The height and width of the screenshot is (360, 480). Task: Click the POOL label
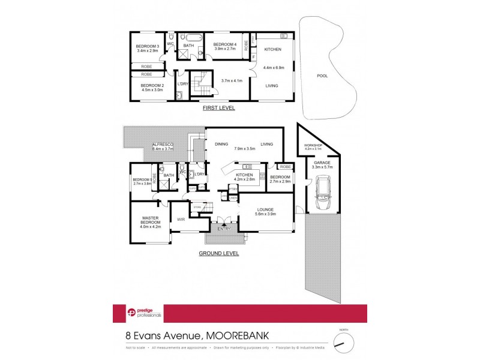[x=323, y=76]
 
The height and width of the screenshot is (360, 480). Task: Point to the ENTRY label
[x=223, y=229]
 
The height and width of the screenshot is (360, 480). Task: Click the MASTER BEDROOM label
[x=150, y=220]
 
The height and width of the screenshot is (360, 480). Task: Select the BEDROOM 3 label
[x=147, y=46]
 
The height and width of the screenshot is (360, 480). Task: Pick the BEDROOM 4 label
[x=225, y=45]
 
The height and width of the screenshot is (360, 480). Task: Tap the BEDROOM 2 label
[x=152, y=85]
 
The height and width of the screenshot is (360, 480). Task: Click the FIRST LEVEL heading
[x=218, y=108]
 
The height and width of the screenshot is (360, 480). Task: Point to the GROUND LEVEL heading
[x=218, y=253]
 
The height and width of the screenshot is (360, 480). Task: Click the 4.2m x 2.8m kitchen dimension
[x=245, y=179]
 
